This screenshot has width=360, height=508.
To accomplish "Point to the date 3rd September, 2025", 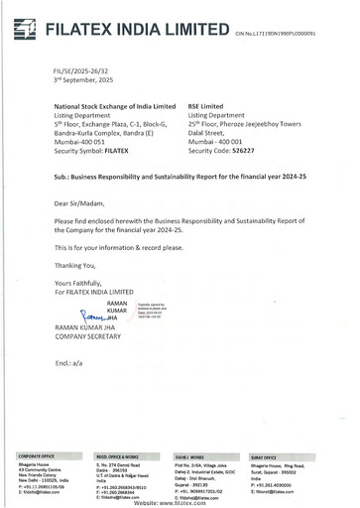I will [65, 80].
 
